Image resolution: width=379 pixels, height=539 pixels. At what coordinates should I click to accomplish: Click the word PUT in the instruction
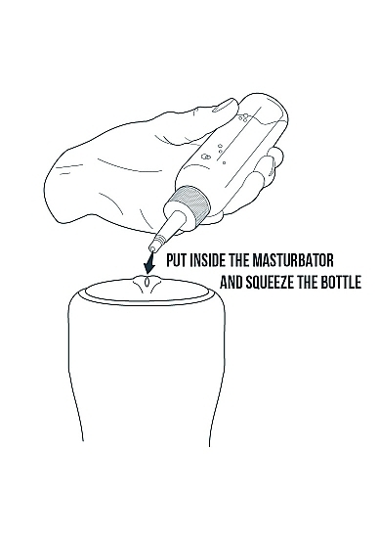coord(177,260)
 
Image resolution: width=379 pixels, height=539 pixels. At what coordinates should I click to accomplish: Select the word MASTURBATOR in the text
coord(293,260)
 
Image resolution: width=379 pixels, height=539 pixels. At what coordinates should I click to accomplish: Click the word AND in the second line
coord(232,283)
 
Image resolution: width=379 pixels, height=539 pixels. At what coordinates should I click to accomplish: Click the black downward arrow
coord(149,263)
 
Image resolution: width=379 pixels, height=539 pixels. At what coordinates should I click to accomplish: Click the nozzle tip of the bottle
coord(152,247)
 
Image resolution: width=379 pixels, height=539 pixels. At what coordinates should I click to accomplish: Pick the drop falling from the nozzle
coord(147,280)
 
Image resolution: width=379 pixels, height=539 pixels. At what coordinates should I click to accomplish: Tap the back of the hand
coord(109,172)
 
